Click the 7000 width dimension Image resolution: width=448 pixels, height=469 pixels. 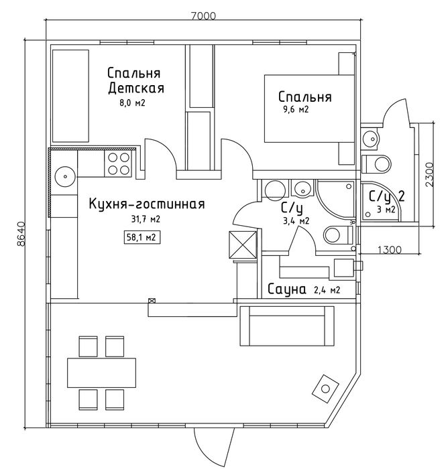203,15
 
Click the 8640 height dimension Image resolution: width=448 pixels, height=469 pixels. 21,234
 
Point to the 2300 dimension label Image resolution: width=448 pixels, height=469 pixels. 429,175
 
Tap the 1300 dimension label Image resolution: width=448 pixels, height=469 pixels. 389,249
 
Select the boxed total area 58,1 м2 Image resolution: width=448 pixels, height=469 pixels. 142,237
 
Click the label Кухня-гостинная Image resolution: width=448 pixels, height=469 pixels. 147,204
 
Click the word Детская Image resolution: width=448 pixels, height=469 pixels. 136,88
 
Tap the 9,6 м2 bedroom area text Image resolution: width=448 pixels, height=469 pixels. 296,109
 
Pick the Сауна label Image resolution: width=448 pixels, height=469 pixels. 286,289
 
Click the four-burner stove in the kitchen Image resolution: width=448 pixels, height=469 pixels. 118,163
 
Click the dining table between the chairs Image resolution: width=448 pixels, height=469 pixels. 101,373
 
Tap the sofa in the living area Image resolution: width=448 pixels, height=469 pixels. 287,326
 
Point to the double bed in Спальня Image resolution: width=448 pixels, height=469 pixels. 309,109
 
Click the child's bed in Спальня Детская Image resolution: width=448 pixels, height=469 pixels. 70,96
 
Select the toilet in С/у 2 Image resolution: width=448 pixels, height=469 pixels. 376,164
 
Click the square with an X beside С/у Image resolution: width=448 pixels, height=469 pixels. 243,245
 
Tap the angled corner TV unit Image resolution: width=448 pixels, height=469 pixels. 325,389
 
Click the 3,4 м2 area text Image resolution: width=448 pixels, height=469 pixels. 296,221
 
